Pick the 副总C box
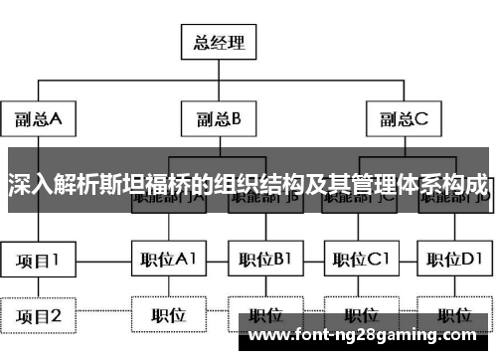pos(403,120)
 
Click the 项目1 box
pos(38,261)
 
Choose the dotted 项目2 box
pos(38,317)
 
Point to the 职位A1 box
pos(168,261)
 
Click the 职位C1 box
pos(360,261)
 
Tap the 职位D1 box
pos(454,261)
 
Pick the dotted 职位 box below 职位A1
pos(168,316)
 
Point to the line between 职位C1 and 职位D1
pos(407,261)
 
